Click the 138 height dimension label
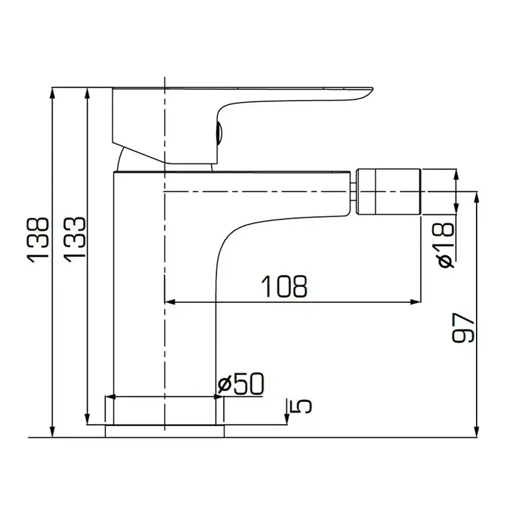pos(38,240)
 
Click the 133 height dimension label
pos(75,240)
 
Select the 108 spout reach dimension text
pos(284,286)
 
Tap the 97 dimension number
pos(463,327)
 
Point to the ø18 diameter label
pos(447,245)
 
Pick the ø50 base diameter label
pos(241,383)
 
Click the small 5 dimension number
pos(302,406)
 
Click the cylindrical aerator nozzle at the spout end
pos(388,191)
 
